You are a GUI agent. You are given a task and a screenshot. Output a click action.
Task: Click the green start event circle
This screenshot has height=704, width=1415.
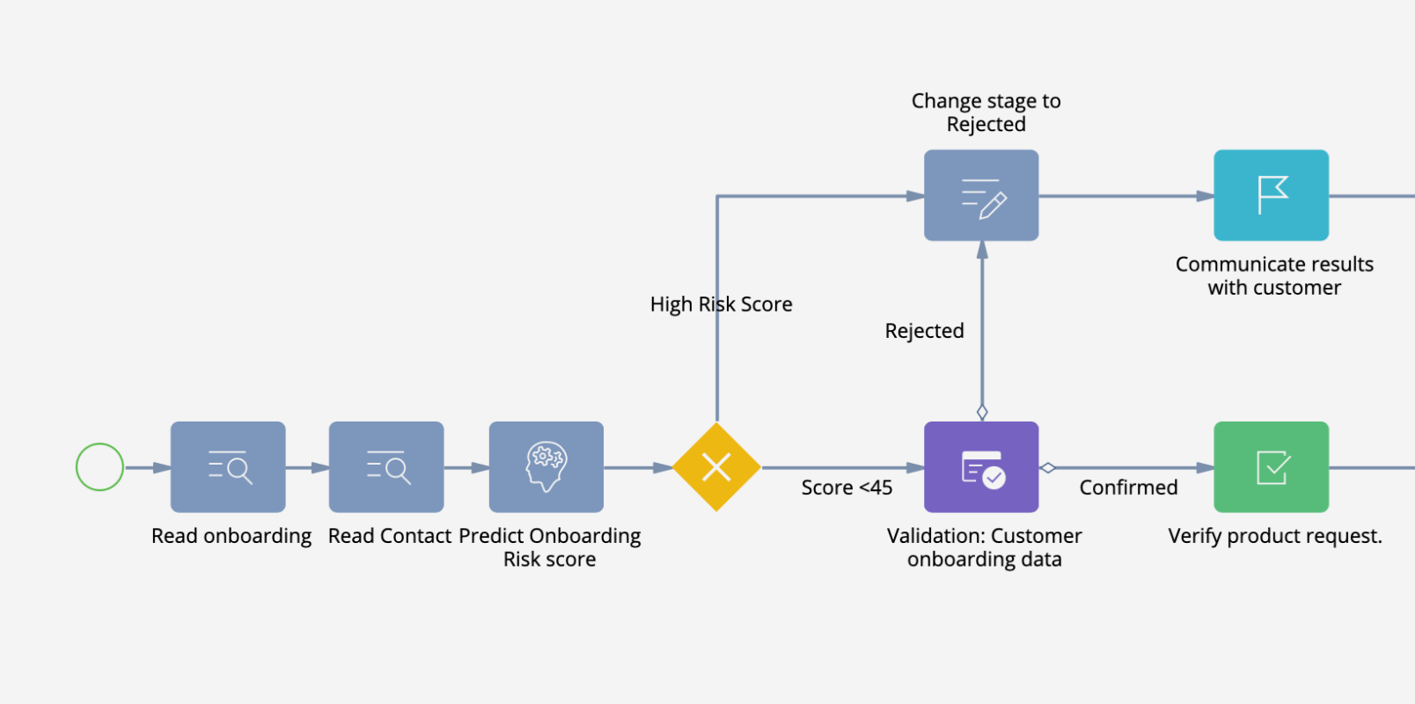pos(99,467)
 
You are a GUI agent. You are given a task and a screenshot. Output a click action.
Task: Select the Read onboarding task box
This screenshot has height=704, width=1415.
pos(228,467)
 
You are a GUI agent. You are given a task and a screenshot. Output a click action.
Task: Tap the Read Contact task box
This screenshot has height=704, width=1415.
pos(386,467)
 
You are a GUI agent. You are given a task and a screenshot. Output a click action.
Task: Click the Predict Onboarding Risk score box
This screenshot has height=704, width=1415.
pos(546,467)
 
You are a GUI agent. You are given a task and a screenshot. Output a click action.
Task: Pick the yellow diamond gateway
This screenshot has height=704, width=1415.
pos(716,467)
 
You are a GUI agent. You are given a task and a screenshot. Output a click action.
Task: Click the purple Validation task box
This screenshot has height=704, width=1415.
pos(981,467)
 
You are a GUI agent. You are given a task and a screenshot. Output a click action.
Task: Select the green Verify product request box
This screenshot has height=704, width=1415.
pos(1272,467)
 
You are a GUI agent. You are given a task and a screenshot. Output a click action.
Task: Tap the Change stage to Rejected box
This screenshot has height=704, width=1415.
pos(981,195)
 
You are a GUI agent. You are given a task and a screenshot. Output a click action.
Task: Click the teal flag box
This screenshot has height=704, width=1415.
pos(1272,195)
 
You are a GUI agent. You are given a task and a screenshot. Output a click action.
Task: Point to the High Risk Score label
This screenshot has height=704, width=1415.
pos(721,304)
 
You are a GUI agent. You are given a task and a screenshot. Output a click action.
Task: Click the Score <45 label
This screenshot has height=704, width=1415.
pos(847,488)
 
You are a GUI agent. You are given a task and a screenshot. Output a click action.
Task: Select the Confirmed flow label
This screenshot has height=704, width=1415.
pos(1128,488)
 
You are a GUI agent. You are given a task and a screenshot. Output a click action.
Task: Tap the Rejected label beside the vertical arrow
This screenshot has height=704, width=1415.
pos(924,331)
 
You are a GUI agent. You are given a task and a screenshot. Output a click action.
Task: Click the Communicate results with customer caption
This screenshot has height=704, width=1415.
pos(1274,275)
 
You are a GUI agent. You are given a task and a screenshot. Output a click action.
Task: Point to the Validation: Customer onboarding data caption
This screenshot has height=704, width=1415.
pos(984,547)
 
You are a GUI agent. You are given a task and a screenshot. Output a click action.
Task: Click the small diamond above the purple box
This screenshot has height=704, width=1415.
pos(982,412)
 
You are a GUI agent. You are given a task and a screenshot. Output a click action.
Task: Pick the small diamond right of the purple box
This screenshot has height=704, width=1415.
pos(1047,468)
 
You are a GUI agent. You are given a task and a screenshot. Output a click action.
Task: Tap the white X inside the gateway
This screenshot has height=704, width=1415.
pos(716,467)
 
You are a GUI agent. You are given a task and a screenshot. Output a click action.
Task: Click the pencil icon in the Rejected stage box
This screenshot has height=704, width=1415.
pos(992,206)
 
